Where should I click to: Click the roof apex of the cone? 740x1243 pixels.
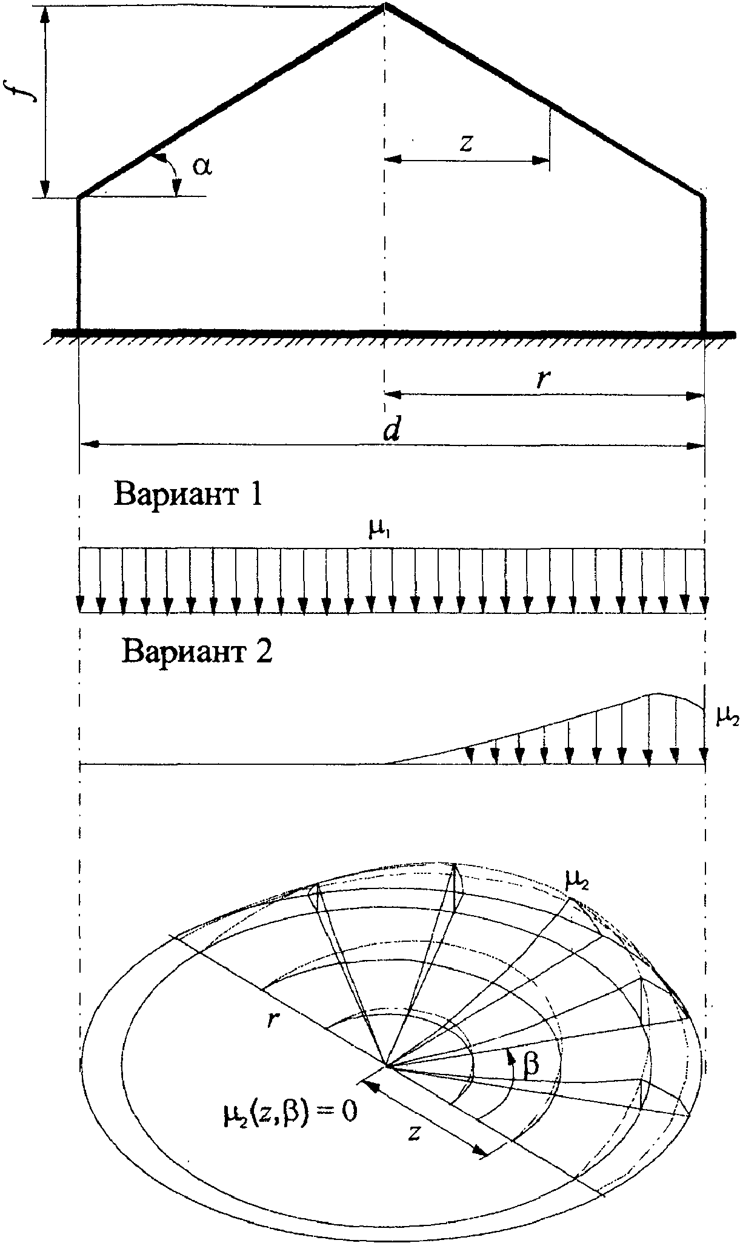coord(384,5)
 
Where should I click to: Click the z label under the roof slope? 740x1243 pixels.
coord(465,142)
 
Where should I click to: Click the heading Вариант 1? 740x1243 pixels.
coord(188,495)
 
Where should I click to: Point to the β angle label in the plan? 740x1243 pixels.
coord(531,1064)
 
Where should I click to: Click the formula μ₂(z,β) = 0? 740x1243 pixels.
coord(289,1110)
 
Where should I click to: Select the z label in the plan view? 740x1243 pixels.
coord(414,1131)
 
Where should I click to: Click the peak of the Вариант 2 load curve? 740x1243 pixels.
coord(658,693)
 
